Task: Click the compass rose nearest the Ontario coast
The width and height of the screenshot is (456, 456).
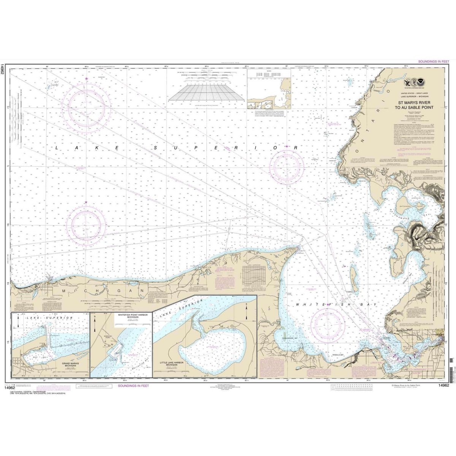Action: click(298, 165)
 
